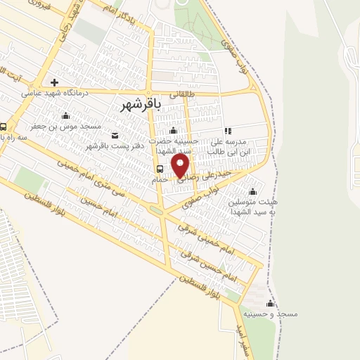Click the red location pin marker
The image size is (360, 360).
pyautogui.click(x=181, y=166)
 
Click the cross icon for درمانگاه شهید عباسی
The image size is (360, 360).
pyautogui.click(x=54, y=82)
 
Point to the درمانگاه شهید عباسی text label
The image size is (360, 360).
pyautogui.click(x=53, y=92)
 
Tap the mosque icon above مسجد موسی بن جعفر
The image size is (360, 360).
pyautogui.click(x=66, y=116)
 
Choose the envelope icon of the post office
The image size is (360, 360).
pyautogui.click(x=115, y=136)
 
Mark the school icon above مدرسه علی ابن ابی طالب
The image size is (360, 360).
pyautogui.click(x=227, y=131)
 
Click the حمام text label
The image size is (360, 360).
pyautogui.click(x=160, y=179)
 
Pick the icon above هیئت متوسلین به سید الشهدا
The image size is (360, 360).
pyautogui.click(x=252, y=191)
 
